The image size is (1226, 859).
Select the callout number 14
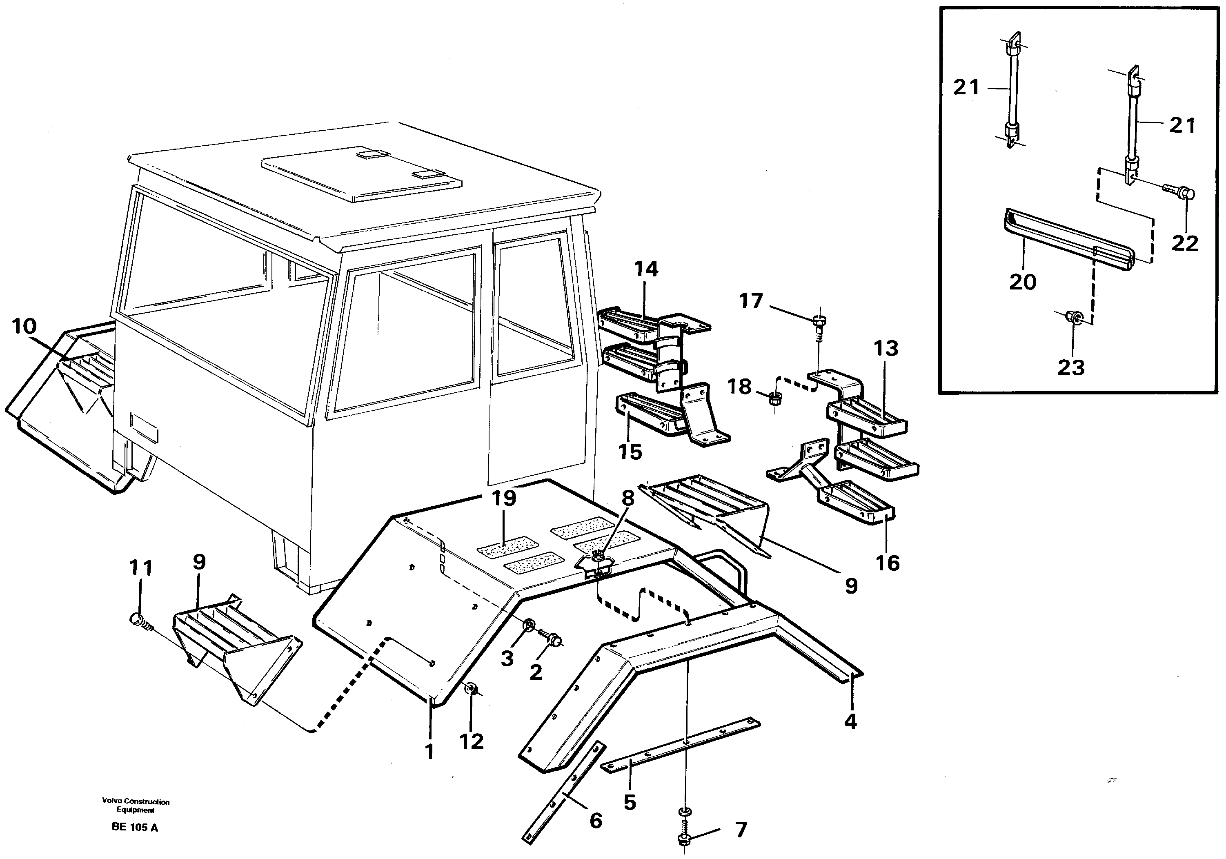(646, 269)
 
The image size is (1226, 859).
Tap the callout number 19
(503, 498)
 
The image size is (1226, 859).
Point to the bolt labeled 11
(138, 619)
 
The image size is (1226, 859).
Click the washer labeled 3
(529, 625)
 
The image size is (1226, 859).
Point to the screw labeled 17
(819, 323)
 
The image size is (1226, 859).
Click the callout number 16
(888, 563)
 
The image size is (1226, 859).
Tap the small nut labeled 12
(472, 689)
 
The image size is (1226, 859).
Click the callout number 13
(886, 349)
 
